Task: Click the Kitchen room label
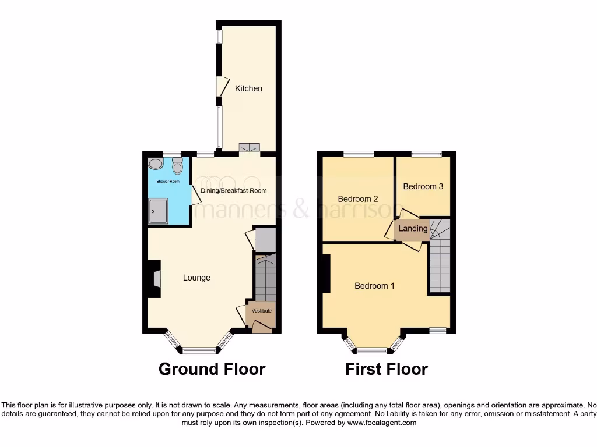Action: [248, 88]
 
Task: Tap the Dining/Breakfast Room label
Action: [233, 190]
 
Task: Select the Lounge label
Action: [196, 278]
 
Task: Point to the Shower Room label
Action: [167, 182]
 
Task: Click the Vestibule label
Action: [261, 311]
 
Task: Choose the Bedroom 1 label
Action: [375, 286]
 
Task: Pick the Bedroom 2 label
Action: [358, 199]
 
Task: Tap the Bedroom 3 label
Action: [423, 186]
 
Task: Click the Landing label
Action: [413, 229]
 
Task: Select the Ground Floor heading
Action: [212, 369]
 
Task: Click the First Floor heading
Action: [387, 369]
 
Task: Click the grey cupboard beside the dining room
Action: [265, 239]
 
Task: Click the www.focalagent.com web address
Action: [381, 423]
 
